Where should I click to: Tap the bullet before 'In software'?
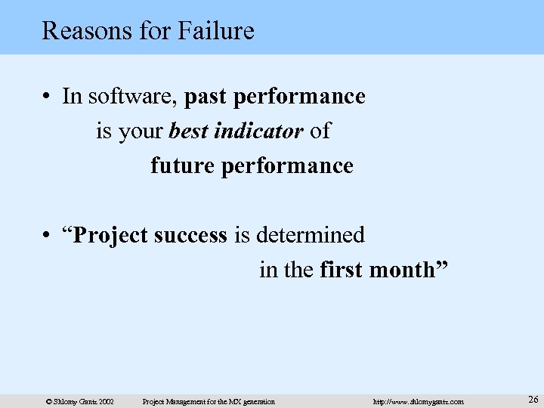pyautogui.click(x=47, y=97)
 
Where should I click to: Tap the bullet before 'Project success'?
pyautogui.click(x=47, y=236)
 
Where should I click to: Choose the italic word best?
pyautogui.click(x=187, y=131)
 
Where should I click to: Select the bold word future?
pyautogui.click(x=182, y=165)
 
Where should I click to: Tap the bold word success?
pyautogui.click(x=191, y=236)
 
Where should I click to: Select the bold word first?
pyautogui.click(x=342, y=270)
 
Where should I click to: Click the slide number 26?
pyautogui.click(x=533, y=399)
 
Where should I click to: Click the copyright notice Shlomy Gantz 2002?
pyautogui.click(x=79, y=401)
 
